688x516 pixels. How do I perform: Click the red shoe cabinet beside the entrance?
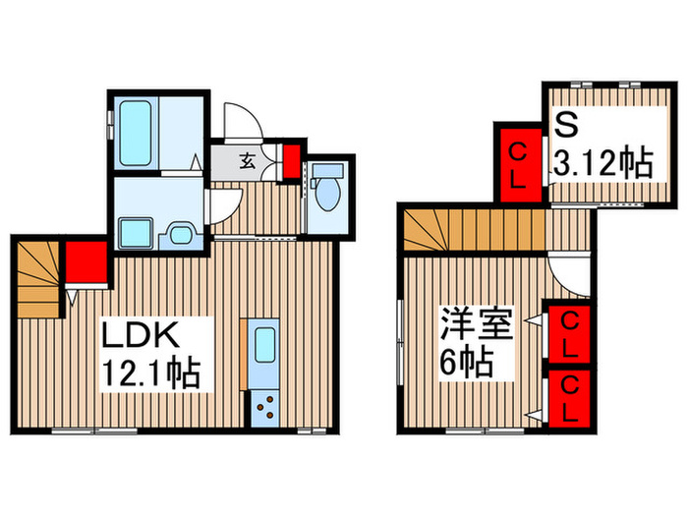coord(291,160)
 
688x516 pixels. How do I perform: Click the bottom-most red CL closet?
coord(569,398)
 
